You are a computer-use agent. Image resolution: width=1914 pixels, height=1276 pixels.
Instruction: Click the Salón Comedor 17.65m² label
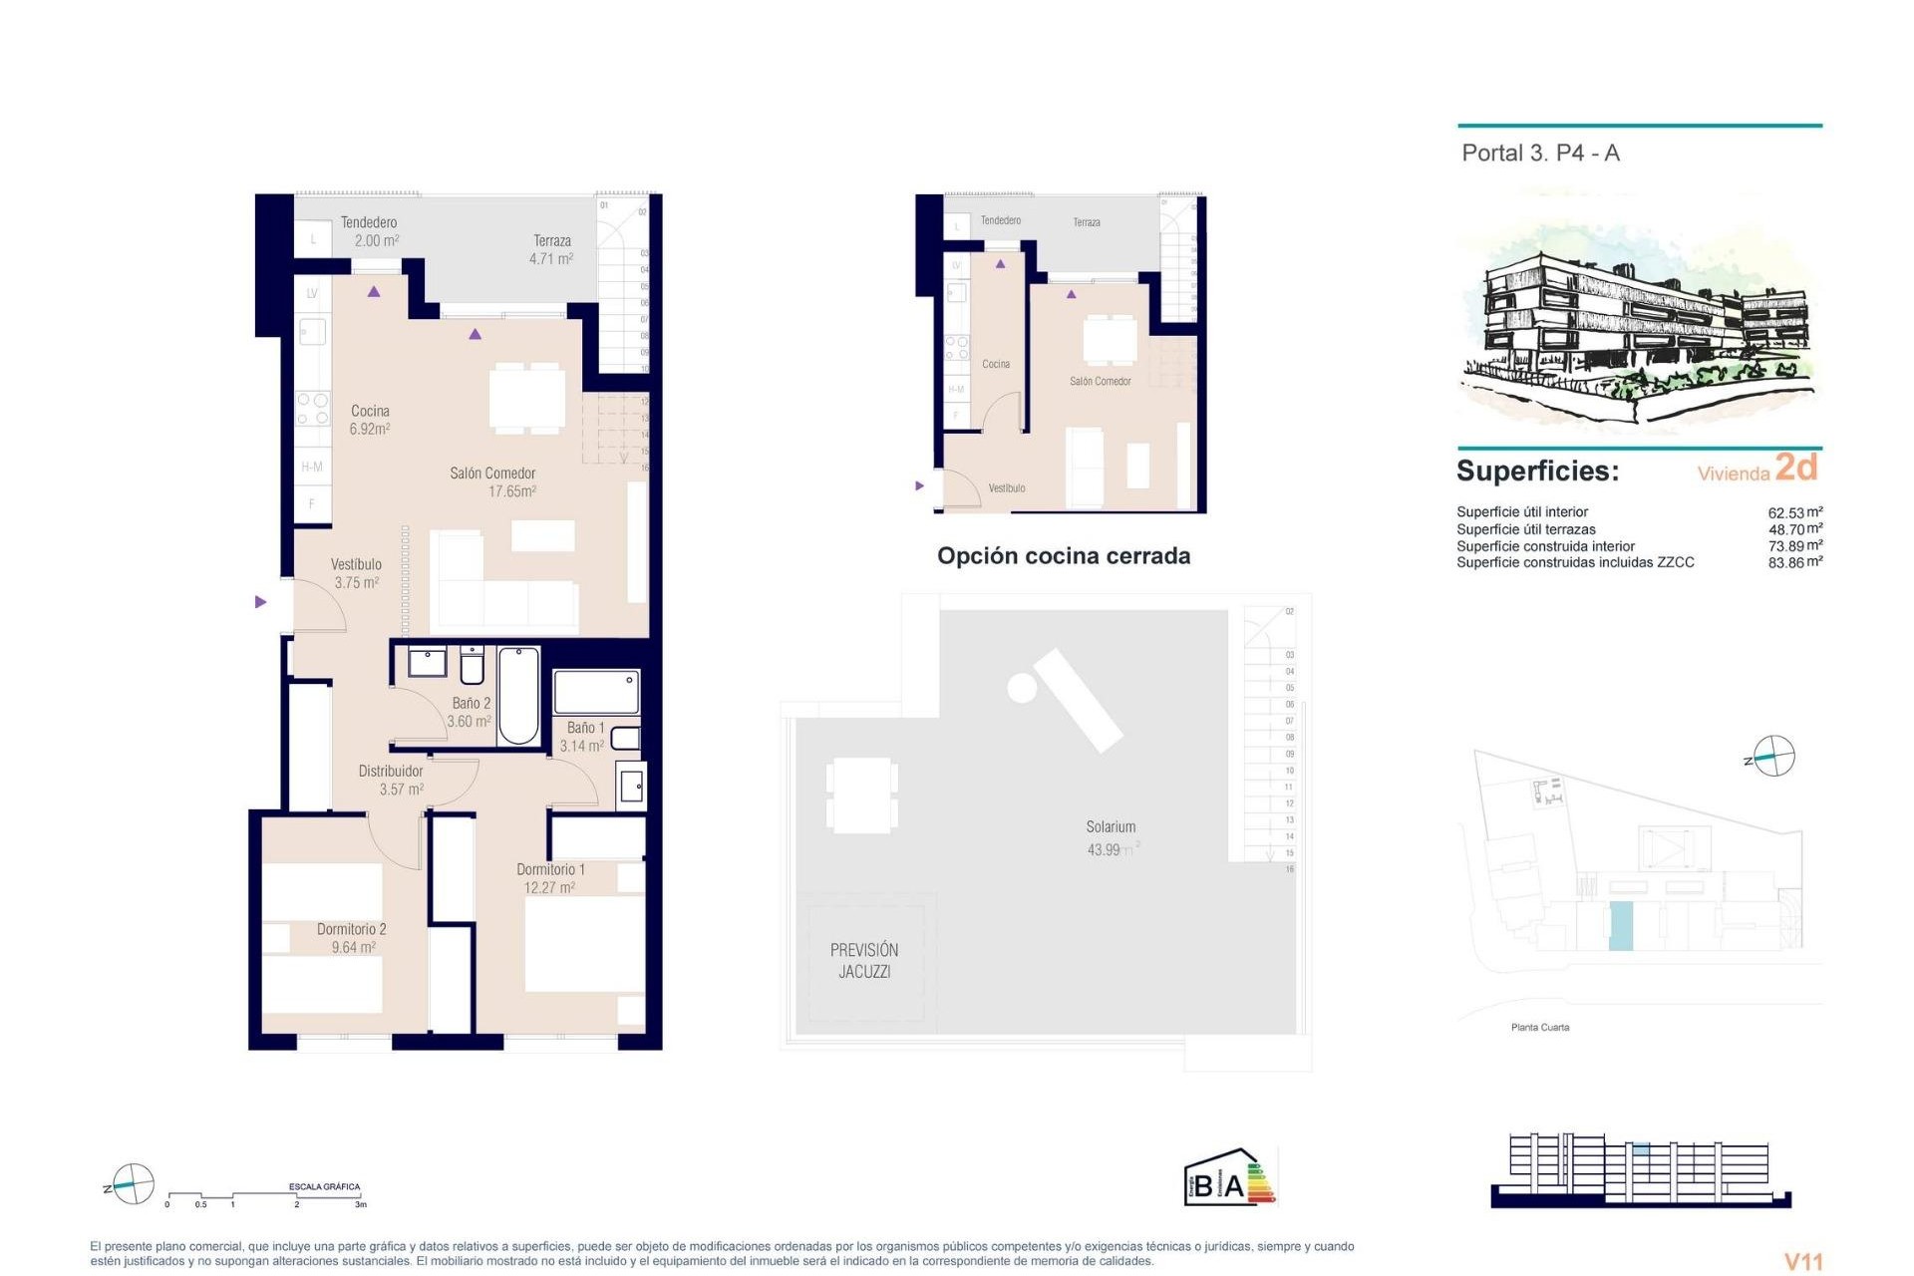[x=493, y=482]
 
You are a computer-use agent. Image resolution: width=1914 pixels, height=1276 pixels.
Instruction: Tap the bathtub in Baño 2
[x=518, y=696]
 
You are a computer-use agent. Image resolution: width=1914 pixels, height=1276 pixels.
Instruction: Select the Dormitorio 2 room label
[x=352, y=938]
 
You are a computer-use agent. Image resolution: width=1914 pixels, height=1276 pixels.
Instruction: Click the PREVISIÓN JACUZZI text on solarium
[x=864, y=961]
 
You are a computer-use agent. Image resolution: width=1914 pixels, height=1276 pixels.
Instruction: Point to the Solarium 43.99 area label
[x=1111, y=838]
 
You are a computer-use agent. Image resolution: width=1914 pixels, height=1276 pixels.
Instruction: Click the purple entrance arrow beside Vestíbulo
[x=261, y=602]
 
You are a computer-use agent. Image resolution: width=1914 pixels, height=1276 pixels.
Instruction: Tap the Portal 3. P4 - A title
[x=1540, y=154]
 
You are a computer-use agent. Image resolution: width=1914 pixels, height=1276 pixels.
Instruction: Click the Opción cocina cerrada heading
[x=1064, y=556]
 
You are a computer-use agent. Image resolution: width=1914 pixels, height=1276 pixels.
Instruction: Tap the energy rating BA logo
[x=1230, y=1178]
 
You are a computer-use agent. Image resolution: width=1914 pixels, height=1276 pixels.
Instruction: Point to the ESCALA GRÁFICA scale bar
[x=265, y=1195]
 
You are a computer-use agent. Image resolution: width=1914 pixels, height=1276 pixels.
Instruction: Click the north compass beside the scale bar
[x=132, y=1184]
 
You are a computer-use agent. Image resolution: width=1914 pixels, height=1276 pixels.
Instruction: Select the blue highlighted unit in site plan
[x=1621, y=925]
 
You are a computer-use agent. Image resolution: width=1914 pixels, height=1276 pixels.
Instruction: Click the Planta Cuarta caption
[x=1540, y=1027]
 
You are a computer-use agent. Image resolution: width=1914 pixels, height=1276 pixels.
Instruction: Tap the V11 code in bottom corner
[x=1802, y=1261]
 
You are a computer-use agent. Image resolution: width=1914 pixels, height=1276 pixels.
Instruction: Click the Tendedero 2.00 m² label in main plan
[x=369, y=231]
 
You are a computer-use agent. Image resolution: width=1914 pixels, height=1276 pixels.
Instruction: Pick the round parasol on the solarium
[x=1022, y=688]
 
